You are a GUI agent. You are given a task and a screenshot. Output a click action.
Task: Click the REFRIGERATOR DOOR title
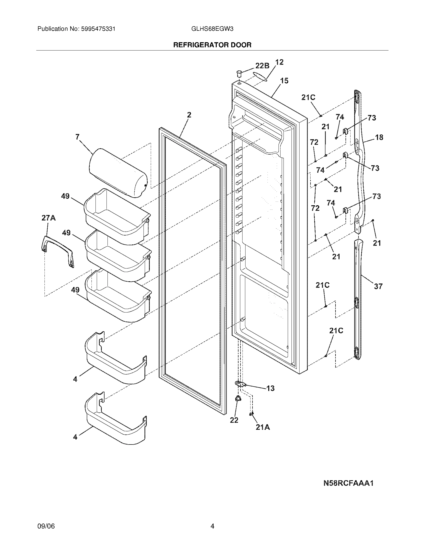(x=212, y=45)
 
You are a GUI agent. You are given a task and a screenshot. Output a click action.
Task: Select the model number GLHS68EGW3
(x=212, y=29)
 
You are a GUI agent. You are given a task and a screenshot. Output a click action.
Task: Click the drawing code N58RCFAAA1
(x=348, y=483)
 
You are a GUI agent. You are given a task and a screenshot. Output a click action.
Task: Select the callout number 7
(x=77, y=137)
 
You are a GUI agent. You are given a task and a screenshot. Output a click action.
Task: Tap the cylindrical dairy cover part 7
(x=118, y=173)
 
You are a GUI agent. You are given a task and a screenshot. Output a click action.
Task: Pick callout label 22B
(x=262, y=66)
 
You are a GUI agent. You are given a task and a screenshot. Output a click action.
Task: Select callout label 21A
(x=262, y=427)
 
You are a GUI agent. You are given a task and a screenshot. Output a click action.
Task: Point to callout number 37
(x=378, y=286)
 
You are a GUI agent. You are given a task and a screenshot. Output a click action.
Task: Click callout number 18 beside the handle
(x=379, y=137)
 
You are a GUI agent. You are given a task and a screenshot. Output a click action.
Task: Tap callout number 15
(x=284, y=81)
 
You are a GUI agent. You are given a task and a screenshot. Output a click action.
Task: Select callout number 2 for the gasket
(x=189, y=115)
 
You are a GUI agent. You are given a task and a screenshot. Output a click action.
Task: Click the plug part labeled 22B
(x=239, y=74)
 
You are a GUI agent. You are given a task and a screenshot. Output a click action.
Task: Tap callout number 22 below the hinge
(x=234, y=420)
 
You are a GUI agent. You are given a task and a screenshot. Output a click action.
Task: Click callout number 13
(x=270, y=388)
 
